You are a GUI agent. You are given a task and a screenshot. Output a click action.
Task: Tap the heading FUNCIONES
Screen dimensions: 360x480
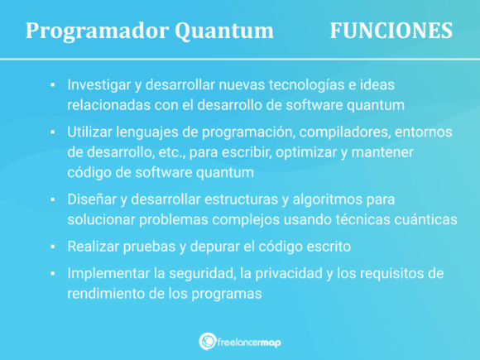[x=391, y=31]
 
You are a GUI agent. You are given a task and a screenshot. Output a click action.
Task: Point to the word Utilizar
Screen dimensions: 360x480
[x=93, y=132]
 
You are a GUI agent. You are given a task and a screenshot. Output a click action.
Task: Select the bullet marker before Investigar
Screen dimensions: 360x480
[x=52, y=85]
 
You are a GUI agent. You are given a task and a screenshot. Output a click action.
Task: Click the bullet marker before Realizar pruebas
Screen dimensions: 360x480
[x=52, y=247]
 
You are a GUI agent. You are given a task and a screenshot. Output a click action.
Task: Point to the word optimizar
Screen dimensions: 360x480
[x=307, y=152]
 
